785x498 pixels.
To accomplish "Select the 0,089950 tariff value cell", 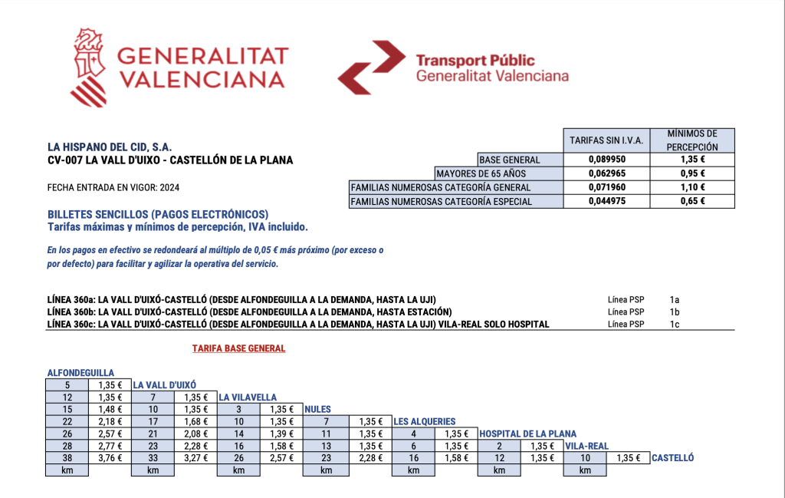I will (606, 160).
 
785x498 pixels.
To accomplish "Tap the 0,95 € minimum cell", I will (691, 173).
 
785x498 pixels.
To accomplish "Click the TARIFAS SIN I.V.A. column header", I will (606, 140).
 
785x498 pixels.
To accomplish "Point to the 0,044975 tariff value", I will (606, 202).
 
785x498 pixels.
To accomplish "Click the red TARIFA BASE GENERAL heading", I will (238, 348).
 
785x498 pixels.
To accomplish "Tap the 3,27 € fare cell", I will (195, 458).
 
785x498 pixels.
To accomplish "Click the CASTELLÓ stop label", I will (672, 458).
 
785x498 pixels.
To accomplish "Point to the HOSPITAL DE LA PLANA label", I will (527, 434).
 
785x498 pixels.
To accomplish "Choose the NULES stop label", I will (317, 409).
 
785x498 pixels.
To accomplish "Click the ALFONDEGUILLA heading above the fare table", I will (80, 372).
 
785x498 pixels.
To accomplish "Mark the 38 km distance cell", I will (67, 458).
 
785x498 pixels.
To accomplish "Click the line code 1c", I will (675, 324).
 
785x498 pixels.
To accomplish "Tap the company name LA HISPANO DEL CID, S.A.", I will (110, 146).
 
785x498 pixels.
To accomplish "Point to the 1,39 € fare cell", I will (281, 434).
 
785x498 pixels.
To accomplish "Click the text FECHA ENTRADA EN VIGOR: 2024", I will (113, 187).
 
